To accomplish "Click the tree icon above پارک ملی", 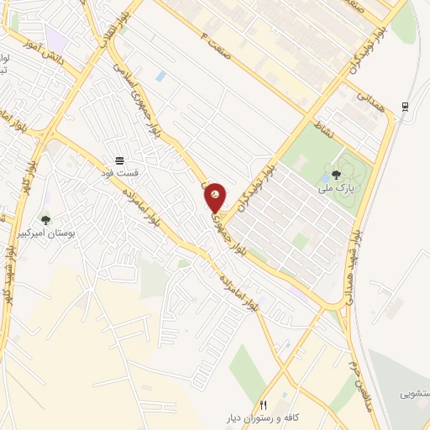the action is click(x=336, y=175).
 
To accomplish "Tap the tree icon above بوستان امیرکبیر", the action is click(x=45, y=220).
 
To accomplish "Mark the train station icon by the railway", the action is click(x=406, y=106).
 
